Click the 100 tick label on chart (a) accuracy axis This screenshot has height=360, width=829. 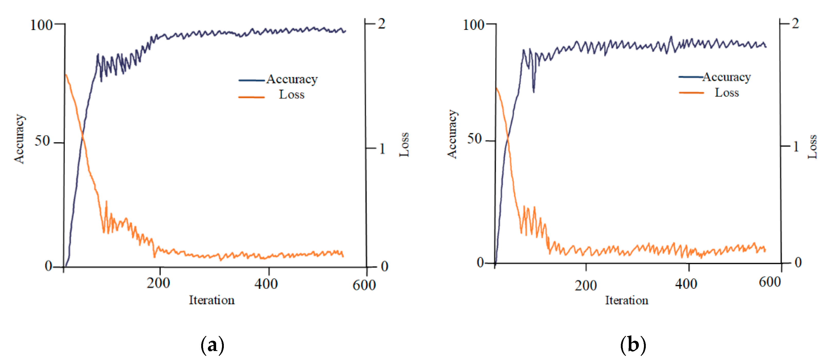click(41, 25)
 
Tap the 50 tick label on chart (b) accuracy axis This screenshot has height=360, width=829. click(474, 139)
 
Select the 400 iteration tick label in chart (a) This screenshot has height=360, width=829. click(266, 284)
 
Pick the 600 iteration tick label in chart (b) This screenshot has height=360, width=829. click(769, 282)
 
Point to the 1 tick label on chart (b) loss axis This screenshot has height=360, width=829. click(796, 147)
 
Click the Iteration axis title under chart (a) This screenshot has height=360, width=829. click(211, 300)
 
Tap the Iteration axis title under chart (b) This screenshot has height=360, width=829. click(626, 300)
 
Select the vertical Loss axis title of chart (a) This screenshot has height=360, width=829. click(404, 145)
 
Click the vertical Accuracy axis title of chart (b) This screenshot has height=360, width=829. click(452, 134)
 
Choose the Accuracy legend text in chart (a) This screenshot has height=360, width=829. click(292, 79)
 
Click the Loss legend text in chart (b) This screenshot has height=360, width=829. click(727, 93)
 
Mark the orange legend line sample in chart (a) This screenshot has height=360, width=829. click(251, 97)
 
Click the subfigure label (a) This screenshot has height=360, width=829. click(212, 345)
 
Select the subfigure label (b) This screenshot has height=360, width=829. click(633, 345)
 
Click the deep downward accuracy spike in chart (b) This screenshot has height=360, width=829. click(533, 91)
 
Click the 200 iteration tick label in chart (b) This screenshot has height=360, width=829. click(586, 285)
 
